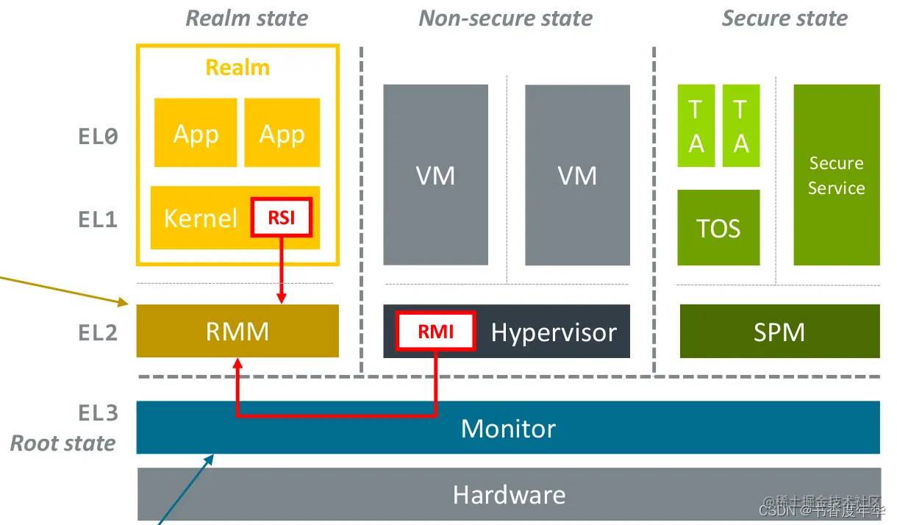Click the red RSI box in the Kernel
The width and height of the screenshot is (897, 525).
click(282, 217)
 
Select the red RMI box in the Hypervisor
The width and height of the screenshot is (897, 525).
click(435, 332)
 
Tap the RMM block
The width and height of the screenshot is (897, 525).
click(237, 332)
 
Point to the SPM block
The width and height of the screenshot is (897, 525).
click(779, 332)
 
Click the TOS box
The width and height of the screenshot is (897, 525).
click(718, 228)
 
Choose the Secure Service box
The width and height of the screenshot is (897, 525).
click(836, 175)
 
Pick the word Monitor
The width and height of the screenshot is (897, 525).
click(508, 428)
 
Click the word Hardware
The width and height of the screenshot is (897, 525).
click(509, 494)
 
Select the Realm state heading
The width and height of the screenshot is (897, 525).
click(246, 18)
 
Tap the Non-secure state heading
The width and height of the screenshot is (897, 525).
click(505, 18)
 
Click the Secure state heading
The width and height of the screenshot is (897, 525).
click(785, 18)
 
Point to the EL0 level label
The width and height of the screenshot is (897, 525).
click(98, 136)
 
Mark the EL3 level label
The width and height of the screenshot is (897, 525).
click(98, 413)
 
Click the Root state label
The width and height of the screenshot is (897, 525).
click(63, 443)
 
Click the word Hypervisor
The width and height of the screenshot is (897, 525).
click(554, 332)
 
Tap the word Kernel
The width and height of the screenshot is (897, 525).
click(200, 218)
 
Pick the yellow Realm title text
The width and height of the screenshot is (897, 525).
click(237, 68)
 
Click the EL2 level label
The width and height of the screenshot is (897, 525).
click(98, 332)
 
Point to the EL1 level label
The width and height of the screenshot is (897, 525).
click(98, 219)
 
